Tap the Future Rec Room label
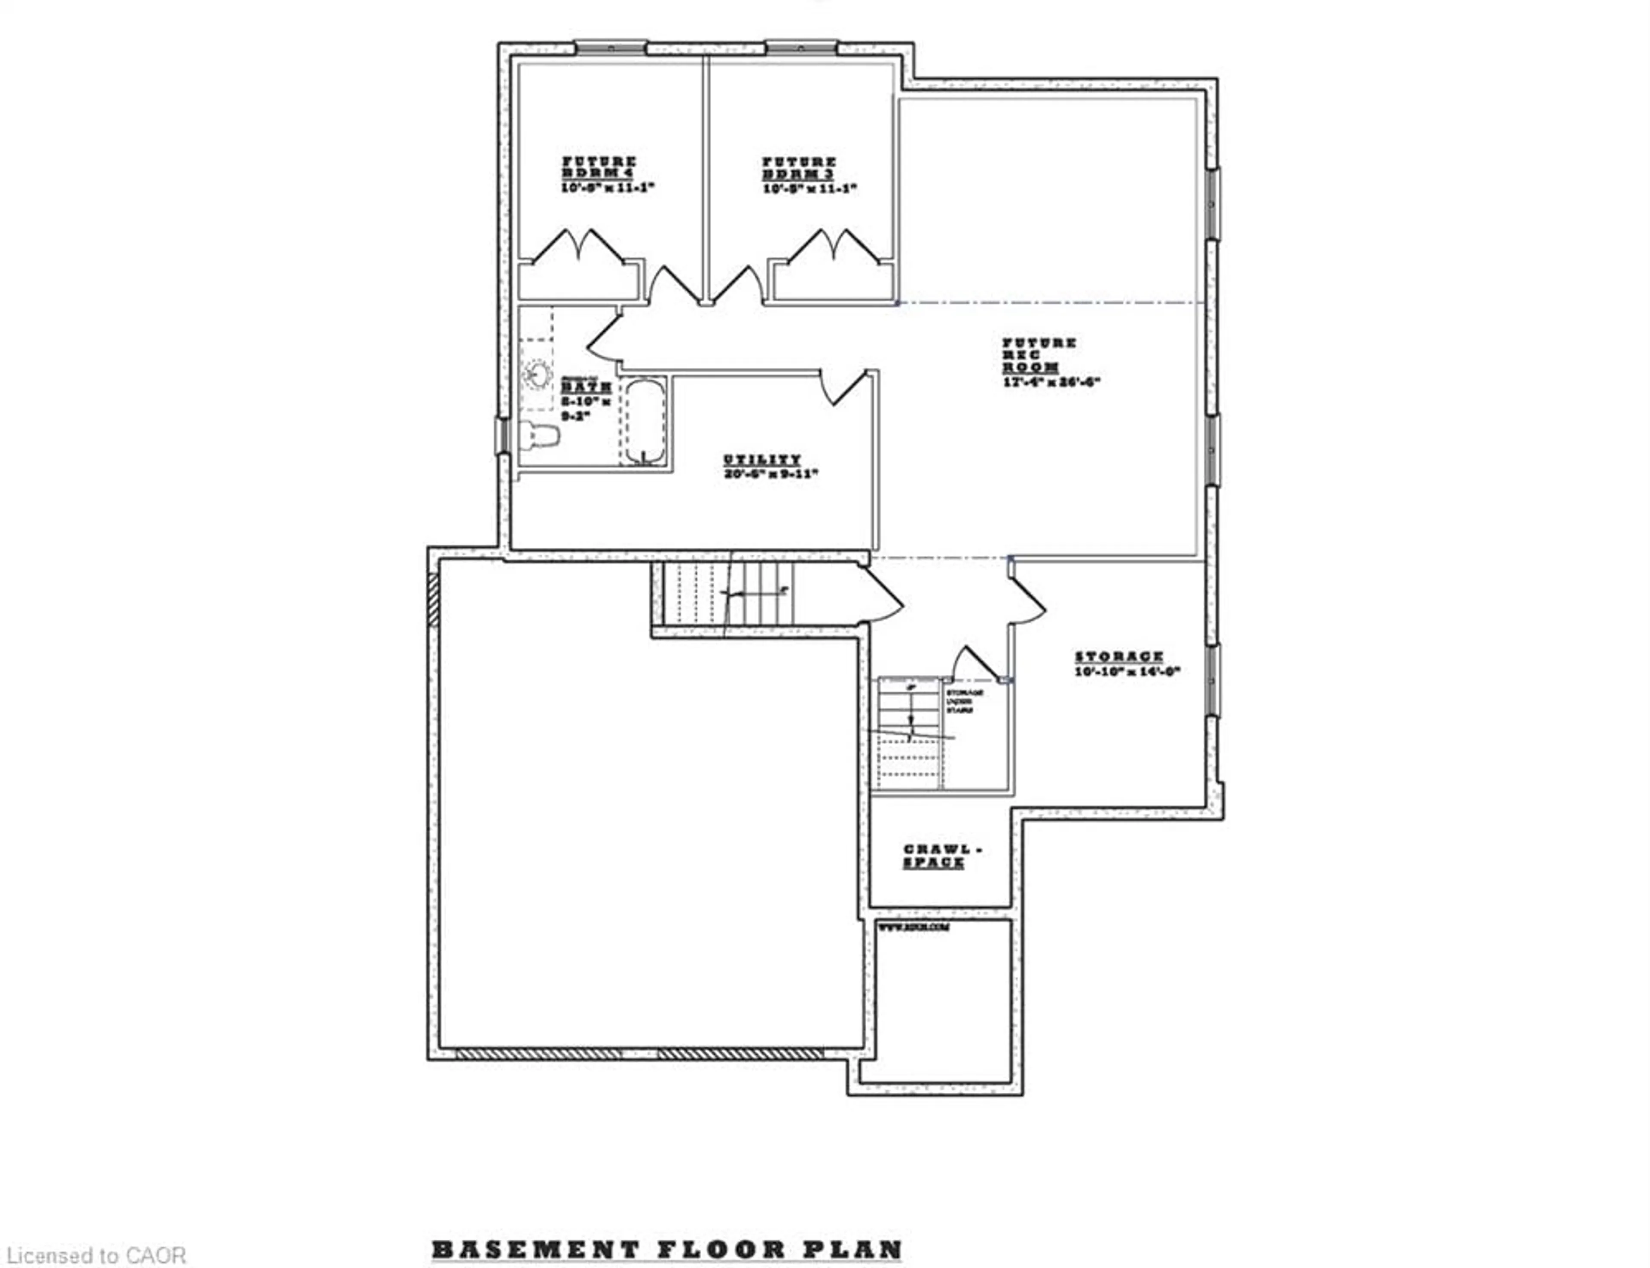click(1039, 355)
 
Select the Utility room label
click(762, 460)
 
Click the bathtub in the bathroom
click(644, 421)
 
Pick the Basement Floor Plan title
click(666, 1250)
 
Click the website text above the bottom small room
click(914, 928)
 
